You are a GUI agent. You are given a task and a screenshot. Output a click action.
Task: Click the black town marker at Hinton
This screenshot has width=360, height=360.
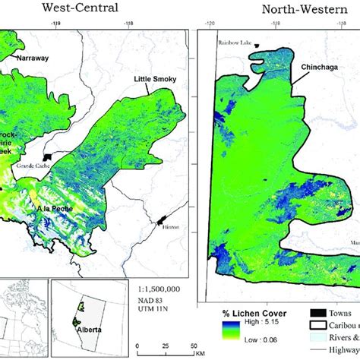pyautogui.click(x=162, y=223)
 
